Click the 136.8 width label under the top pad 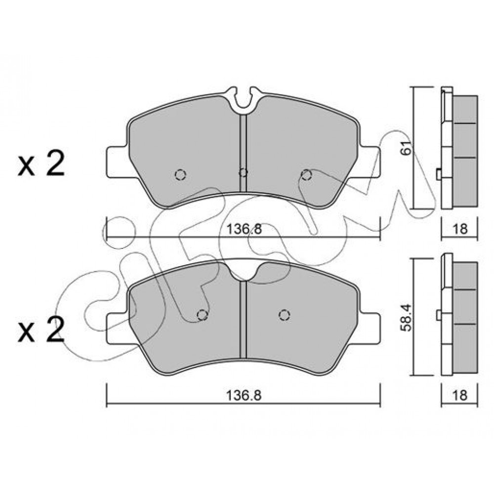pyautogui.click(x=245, y=229)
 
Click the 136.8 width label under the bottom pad pyautogui.click(x=244, y=395)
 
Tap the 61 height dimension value pyautogui.click(x=407, y=147)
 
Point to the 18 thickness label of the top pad pyautogui.click(x=460, y=229)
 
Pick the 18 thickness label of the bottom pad pyautogui.click(x=460, y=395)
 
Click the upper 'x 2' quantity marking pyautogui.click(x=41, y=164)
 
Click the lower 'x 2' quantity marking pyautogui.click(x=41, y=329)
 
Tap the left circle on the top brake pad pyautogui.click(x=180, y=174)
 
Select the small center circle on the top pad pyautogui.click(x=243, y=172)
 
